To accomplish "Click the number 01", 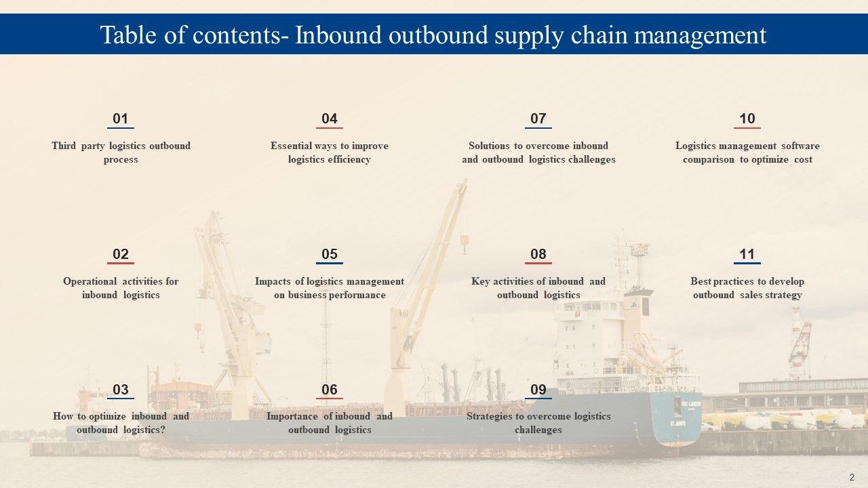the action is (x=121, y=119).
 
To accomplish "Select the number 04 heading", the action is (x=330, y=119).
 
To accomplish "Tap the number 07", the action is (x=538, y=119).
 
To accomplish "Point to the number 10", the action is (x=747, y=119).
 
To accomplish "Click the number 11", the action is (x=747, y=254).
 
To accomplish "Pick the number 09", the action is (x=538, y=390).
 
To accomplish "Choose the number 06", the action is (x=330, y=390).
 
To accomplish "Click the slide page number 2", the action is (x=851, y=476).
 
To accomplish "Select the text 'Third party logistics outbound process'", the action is (x=121, y=152).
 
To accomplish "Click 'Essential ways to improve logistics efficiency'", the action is (x=330, y=152).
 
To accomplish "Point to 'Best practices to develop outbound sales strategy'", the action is (x=747, y=288).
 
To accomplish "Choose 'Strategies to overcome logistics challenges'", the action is (x=538, y=423).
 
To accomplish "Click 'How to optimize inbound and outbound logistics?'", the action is (x=121, y=423).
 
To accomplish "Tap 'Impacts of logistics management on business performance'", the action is (x=330, y=288).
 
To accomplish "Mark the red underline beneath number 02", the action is (x=121, y=263).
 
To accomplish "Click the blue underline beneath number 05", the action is (x=330, y=263).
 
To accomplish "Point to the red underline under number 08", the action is (x=538, y=263).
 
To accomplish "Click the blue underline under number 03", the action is (x=121, y=399).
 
